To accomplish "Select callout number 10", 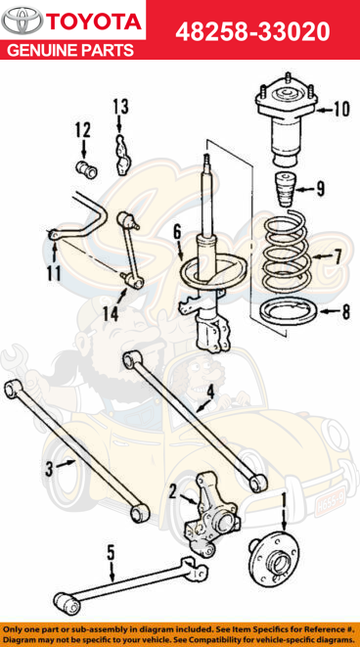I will click(x=339, y=109).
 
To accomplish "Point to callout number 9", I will click(x=320, y=189).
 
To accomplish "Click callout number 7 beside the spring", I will click(x=337, y=257).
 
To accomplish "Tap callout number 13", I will click(x=119, y=106).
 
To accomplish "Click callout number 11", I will click(x=51, y=272).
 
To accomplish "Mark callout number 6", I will click(x=177, y=232).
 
